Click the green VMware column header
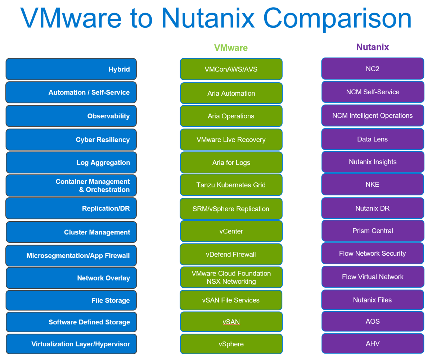[231, 48]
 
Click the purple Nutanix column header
[373, 47]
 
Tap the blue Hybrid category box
[71, 69]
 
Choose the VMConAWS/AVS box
[231, 69]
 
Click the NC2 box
[373, 68]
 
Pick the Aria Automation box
[231, 93]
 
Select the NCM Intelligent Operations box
[373, 115]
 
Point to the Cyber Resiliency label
[103, 140]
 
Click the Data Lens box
[373, 139]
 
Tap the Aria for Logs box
[231, 163]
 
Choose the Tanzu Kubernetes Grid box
[231, 185]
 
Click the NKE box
[373, 184]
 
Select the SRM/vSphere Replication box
[231, 209]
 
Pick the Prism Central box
[373, 231]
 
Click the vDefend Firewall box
[231, 254]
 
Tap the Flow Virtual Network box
[373, 277]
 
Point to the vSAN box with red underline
[231, 322]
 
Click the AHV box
[373, 343]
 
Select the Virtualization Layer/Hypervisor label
[81, 344]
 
